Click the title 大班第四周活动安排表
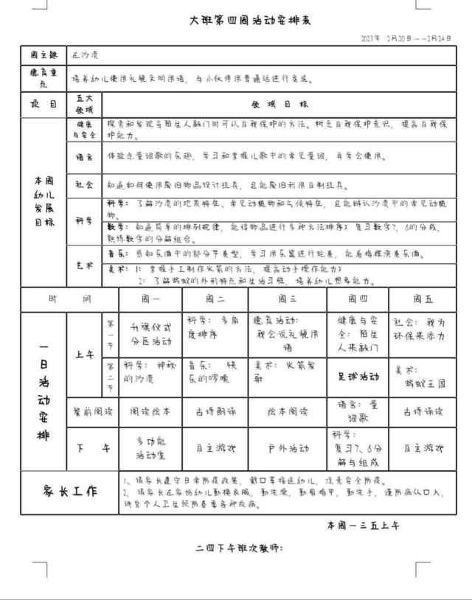coord(250,21)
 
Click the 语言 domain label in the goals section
coord(84,157)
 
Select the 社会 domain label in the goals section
coord(84,184)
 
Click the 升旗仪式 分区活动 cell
coord(150,335)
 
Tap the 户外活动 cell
coord(287,447)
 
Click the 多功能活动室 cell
coord(150,447)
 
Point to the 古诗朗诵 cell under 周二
coord(215,412)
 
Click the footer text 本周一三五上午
coord(364,526)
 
